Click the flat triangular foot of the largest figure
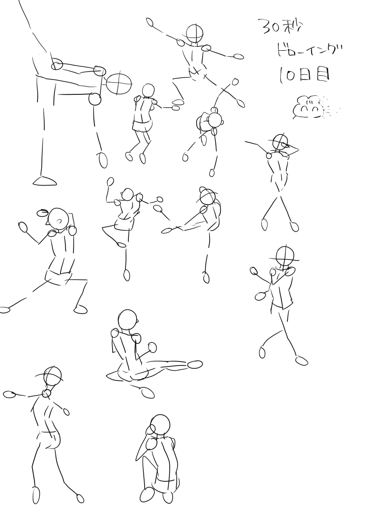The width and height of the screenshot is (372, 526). point(45,181)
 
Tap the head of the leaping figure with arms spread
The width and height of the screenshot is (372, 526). point(194,33)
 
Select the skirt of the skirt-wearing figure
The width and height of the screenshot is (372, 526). point(142,126)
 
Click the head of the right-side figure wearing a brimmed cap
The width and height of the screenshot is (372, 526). point(285,257)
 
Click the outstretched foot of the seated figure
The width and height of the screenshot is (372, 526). point(195,364)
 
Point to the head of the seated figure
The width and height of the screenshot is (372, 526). point(127,320)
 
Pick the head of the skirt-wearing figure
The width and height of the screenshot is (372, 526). point(148,91)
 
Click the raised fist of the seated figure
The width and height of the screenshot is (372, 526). point(152,347)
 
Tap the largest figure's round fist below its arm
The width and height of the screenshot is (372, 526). point(95,99)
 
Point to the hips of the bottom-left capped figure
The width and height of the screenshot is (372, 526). point(49,439)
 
